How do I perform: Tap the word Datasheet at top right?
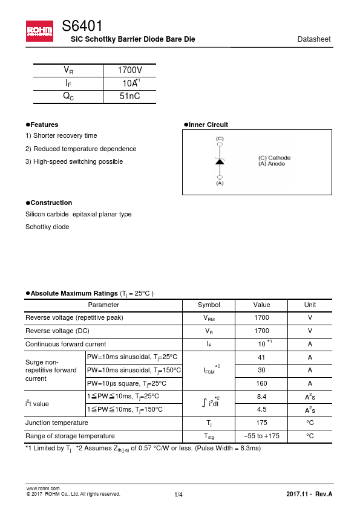[x=314, y=39]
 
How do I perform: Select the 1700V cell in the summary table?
[x=129, y=70]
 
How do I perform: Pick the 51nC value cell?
[x=129, y=96]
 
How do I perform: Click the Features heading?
[x=44, y=125]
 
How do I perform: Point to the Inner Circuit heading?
[x=208, y=125]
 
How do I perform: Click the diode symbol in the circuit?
[x=220, y=161]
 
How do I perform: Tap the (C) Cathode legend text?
[x=274, y=158]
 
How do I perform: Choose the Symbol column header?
[x=209, y=305]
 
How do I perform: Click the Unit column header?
[x=310, y=305]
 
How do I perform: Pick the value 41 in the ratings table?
[x=262, y=357]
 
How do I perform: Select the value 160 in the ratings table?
[x=262, y=383]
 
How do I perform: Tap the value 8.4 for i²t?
[x=262, y=397]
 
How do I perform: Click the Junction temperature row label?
[x=57, y=423]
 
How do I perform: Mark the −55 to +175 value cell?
[x=262, y=436]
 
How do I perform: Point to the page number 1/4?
[x=178, y=495]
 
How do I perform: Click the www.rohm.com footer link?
[x=42, y=488]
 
